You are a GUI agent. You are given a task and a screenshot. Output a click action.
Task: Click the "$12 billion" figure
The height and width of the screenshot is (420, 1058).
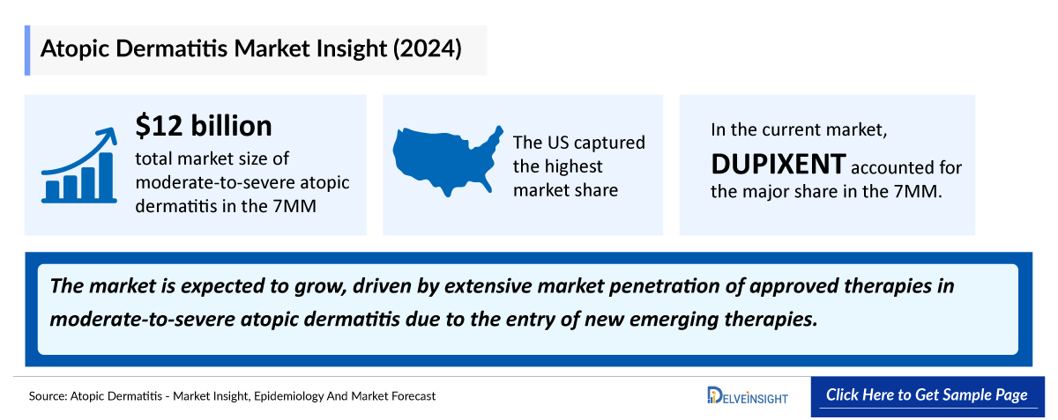click(204, 127)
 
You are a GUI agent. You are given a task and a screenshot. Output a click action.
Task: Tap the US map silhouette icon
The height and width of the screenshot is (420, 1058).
click(445, 162)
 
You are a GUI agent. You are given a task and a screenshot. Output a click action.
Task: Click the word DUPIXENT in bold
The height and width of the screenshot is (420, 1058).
click(779, 164)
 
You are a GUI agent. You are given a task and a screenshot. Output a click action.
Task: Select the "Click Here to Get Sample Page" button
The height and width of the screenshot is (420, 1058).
click(927, 394)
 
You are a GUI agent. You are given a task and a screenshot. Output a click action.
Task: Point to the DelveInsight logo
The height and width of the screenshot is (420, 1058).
click(747, 396)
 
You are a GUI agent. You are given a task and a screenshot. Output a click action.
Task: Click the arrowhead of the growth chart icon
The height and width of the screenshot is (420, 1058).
click(109, 135)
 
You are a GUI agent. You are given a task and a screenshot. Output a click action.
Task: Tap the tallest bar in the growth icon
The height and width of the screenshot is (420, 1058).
click(106, 176)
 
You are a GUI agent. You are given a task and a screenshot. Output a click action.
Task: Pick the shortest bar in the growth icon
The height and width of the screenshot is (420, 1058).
click(53, 188)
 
